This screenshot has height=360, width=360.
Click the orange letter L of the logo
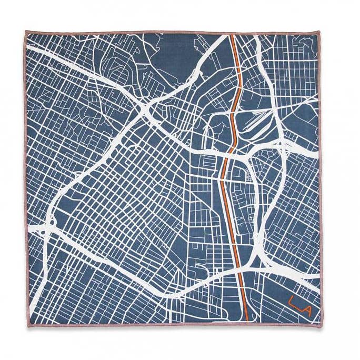coord(292,304)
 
